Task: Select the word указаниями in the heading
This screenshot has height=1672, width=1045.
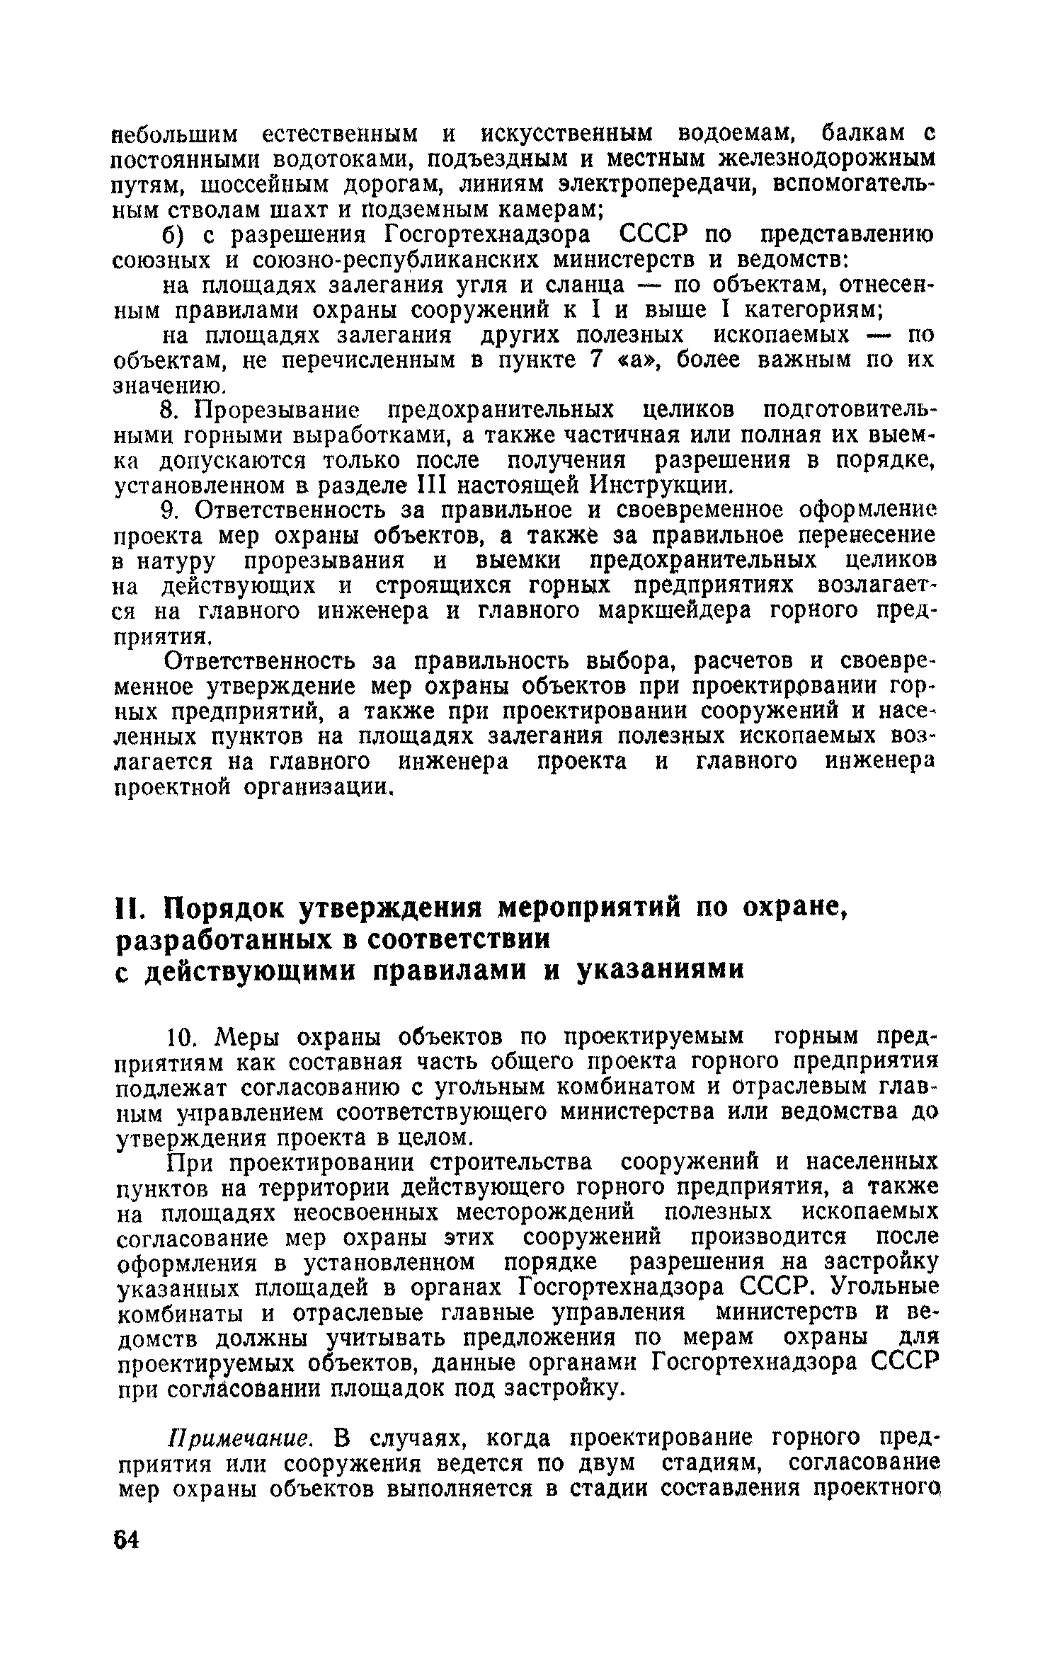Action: click(661, 969)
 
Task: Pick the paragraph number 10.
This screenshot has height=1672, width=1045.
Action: click(183, 1038)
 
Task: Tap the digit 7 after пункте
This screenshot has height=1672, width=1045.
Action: click(596, 360)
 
